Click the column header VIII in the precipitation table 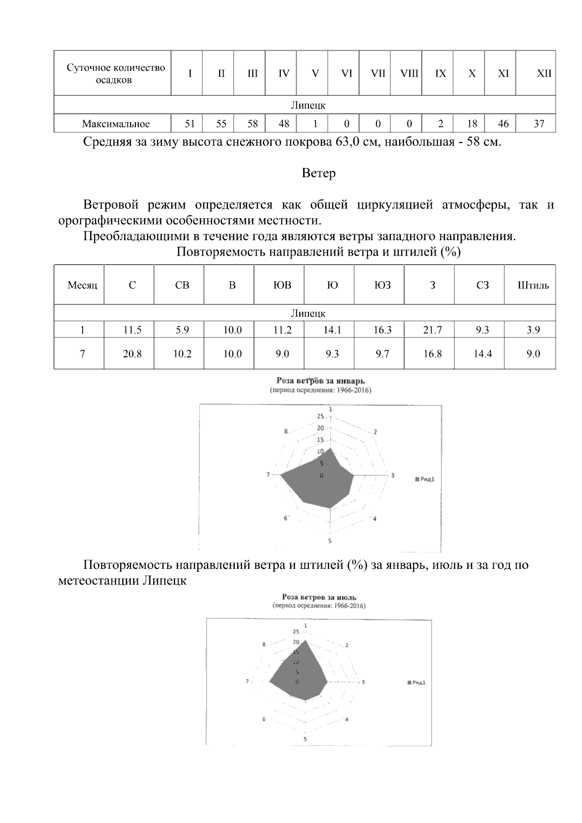[x=409, y=74]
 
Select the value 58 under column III [x=253, y=124]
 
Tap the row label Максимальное [x=116, y=124]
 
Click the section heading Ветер [x=319, y=173]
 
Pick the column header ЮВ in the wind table [x=282, y=285]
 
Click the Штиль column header [x=533, y=285]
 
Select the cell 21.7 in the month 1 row [x=432, y=330]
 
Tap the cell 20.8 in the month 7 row [x=132, y=354]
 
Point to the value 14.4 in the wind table [x=483, y=354]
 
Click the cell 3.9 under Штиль [x=533, y=330]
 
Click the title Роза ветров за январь [x=320, y=381]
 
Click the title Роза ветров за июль [x=319, y=597]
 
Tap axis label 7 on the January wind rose [x=268, y=474]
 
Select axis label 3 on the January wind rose [x=393, y=475]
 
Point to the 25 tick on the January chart [x=321, y=416]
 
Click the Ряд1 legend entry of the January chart [x=426, y=479]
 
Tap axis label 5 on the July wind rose [x=305, y=739]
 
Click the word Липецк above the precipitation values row [x=308, y=105]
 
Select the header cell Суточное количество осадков [x=115, y=74]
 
